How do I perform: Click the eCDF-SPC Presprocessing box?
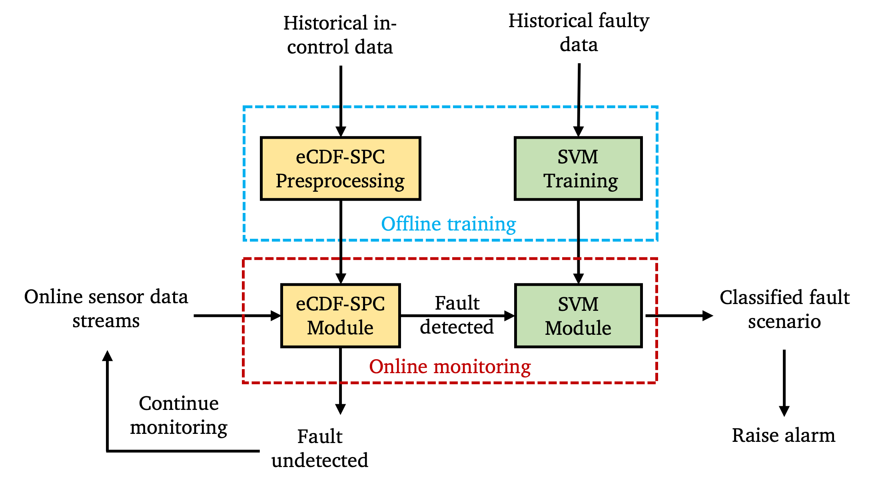pos(340,169)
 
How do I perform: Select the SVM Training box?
pos(578,169)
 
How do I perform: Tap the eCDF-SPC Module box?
pos(340,316)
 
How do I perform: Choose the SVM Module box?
pos(578,316)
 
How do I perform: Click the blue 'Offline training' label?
pos(448,224)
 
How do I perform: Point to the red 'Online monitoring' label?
pos(450,366)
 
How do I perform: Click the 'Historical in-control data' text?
pos(340,35)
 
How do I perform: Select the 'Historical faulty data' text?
pos(579,32)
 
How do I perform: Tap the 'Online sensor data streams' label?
pos(106,308)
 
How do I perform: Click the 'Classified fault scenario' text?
pos(784,309)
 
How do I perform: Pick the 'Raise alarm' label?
pos(784,435)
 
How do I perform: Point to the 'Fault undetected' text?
pos(320,448)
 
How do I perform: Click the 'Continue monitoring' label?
pos(179,415)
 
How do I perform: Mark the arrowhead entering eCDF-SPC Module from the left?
pos(276,316)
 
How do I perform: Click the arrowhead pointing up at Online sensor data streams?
pos(107,356)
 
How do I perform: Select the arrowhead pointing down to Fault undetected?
pos(340,409)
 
